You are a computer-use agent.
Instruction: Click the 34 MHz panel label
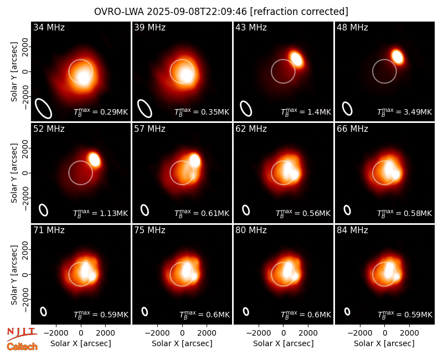(49, 27)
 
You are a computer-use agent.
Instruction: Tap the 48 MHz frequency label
(352, 27)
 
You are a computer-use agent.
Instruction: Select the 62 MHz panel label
(251, 129)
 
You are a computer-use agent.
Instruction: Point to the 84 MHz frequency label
(352, 230)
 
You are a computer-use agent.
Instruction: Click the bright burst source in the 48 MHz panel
(398, 56)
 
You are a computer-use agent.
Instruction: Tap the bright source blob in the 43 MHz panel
(297, 59)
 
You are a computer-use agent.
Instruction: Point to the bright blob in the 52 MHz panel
(94, 160)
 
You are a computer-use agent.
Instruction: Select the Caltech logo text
(22, 346)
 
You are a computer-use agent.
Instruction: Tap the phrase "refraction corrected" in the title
(299, 12)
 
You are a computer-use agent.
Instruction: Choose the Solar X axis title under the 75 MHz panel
(182, 343)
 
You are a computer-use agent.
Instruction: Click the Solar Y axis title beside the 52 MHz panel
(14, 173)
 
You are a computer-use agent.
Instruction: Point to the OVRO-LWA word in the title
(119, 12)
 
